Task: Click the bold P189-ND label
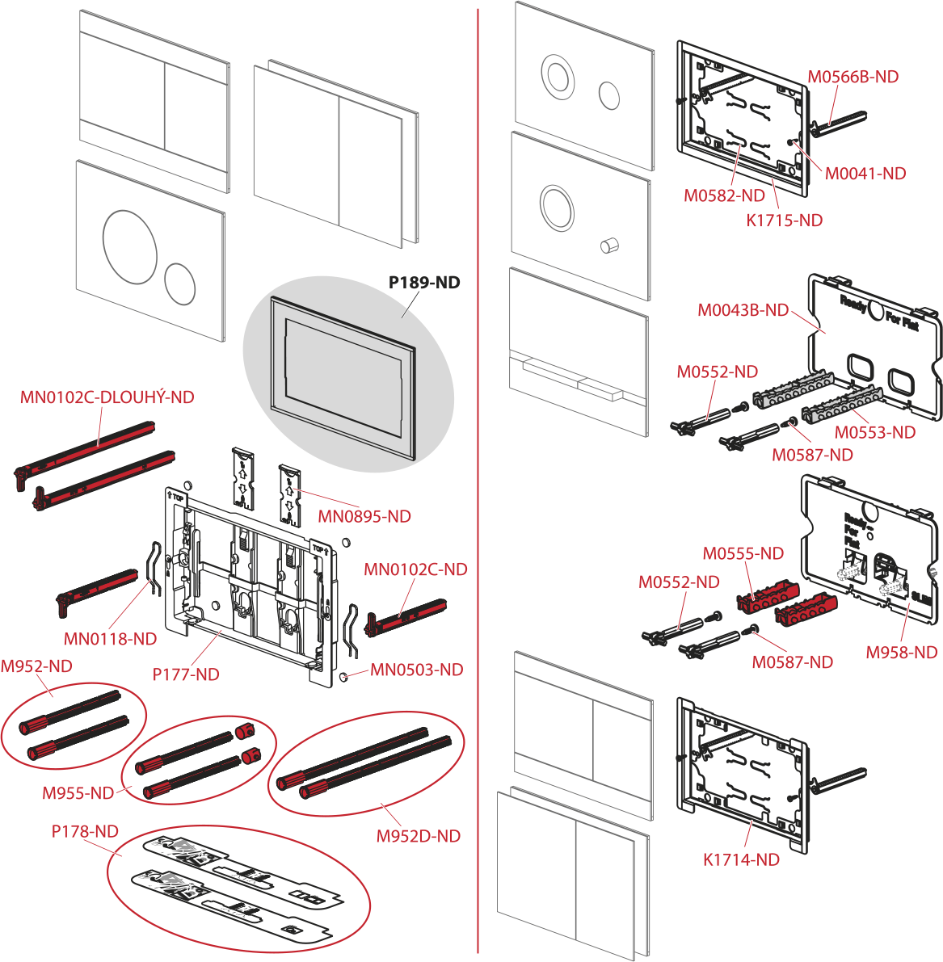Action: [424, 283]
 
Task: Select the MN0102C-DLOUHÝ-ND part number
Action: [107, 397]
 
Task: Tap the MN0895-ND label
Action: [364, 517]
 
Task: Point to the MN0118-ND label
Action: [110, 639]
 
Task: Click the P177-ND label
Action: [186, 674]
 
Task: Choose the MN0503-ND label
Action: [417, 670]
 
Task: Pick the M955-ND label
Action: [78, 793]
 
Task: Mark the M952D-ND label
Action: [419, 836]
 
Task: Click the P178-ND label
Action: [85, 831]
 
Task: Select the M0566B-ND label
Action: [853, 77]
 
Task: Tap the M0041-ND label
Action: [865, 174]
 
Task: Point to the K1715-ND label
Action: [784, 221]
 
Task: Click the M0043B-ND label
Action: [743, 310]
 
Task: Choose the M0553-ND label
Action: [875, 432]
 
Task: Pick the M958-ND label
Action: [902, 653]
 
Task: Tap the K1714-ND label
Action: [741, 860]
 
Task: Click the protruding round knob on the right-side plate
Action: [609, 244]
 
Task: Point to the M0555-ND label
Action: [743, 553]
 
